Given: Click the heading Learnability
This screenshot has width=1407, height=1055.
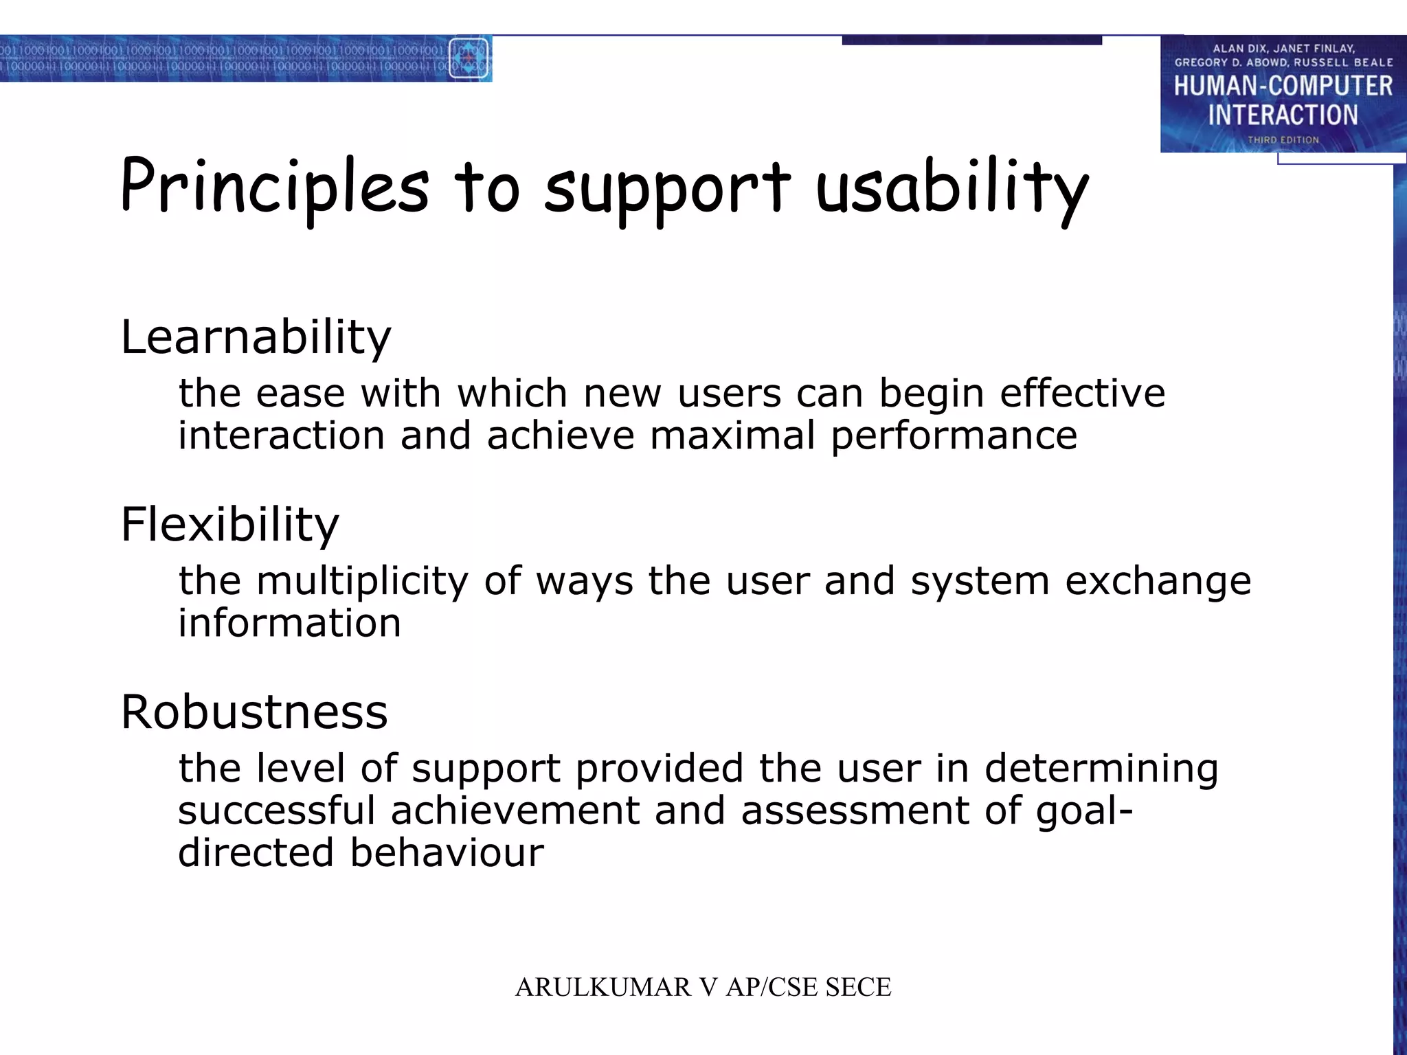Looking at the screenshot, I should (256, 337).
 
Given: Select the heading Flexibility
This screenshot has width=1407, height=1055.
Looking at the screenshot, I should (229, 525).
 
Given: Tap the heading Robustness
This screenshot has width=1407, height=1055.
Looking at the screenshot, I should (254, 712).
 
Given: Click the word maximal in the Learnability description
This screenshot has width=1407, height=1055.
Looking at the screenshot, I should (732, 436).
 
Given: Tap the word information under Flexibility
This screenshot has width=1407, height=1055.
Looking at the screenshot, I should (289, 624).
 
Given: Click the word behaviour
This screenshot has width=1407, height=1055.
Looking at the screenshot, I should (447, 853).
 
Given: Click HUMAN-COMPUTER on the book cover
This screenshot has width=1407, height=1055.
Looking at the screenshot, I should (1283, 87).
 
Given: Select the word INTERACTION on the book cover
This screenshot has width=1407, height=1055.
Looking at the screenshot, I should (1283, 115).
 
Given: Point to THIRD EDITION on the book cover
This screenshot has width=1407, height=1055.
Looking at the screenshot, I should (1283, 140).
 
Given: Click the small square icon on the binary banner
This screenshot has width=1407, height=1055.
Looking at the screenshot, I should (469, 59).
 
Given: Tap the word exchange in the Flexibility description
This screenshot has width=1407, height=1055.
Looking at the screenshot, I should (1158, 582).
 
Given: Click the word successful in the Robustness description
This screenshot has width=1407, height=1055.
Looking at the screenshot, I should (276, 810).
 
